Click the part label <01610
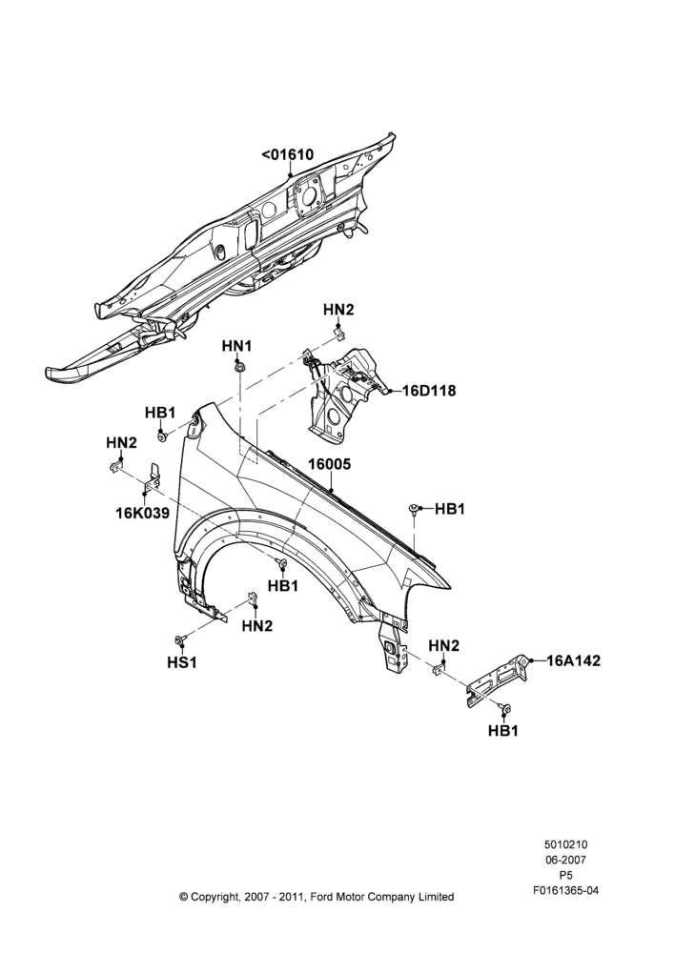tap(288, 155)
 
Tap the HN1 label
tap(236, 346)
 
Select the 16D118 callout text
tap(429, 391)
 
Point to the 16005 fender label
tap(329, 464)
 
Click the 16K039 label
tap(143, 514)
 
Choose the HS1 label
tap(182, 662)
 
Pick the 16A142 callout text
tap(573, 660)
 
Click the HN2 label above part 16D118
tap(338, 310)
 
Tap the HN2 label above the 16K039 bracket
tap(121, 443)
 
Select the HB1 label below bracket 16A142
tap(502, 731)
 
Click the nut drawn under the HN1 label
tap(239, 367)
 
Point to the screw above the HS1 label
tap(179, 640)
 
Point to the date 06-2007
tap(565, 860)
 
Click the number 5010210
tap(565, 844)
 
